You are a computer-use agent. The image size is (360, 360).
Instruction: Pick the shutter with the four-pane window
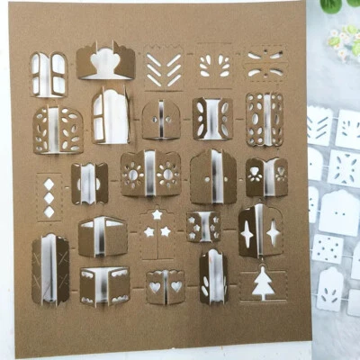(x=49, y=74)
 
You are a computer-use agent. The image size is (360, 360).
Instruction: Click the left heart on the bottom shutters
(x=155, y=287)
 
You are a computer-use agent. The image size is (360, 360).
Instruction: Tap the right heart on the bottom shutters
(x=176, y=287)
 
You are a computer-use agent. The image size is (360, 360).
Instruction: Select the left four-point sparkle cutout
(x=247, y=232)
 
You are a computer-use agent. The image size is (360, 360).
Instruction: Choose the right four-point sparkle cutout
(x=273, y=232)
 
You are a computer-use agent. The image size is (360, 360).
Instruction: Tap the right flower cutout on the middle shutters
(x=167, y=173)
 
